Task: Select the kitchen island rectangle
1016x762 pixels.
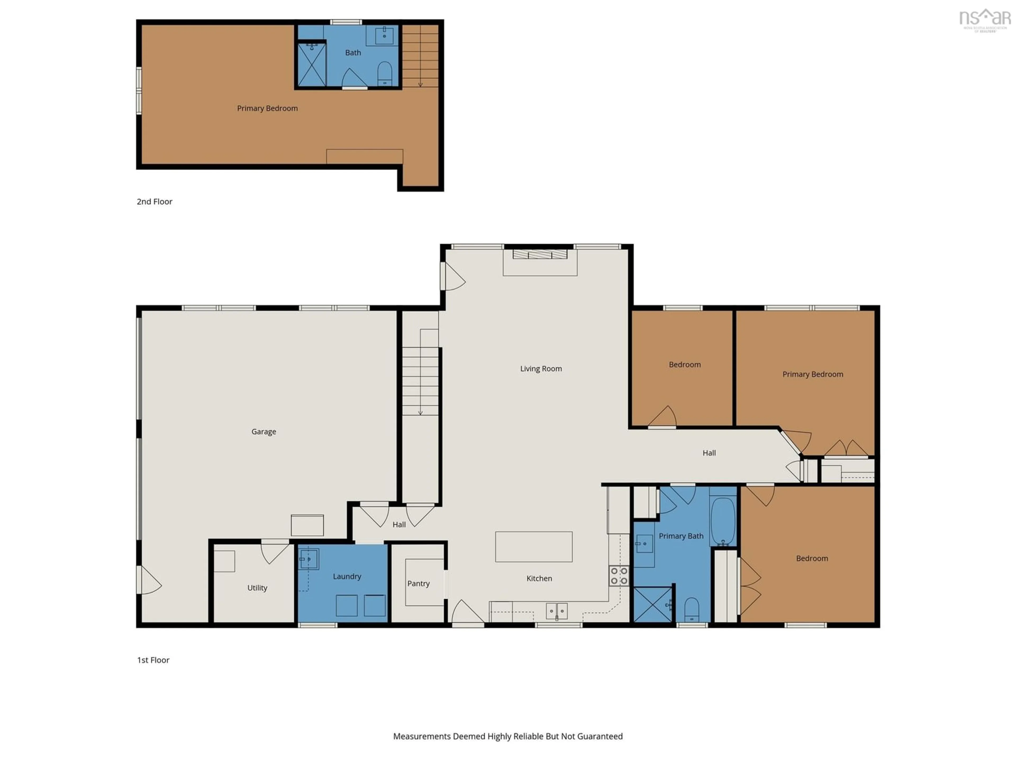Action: pyautogui.click(x=534, y=547)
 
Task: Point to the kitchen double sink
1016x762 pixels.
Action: pyautogui.click(x=557, y=611)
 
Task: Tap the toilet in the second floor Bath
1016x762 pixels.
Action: pyautogui.click(x=384, y=74)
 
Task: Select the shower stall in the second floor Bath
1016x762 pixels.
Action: pyautogui.click(x=312, y=64)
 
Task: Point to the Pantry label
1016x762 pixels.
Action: pyautogui.click(x=418, y=584)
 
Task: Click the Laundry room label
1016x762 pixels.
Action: pyautogui.click(x=347, y=577)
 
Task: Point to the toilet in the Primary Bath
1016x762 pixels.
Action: pyautogui.click(x=692, y=610)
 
